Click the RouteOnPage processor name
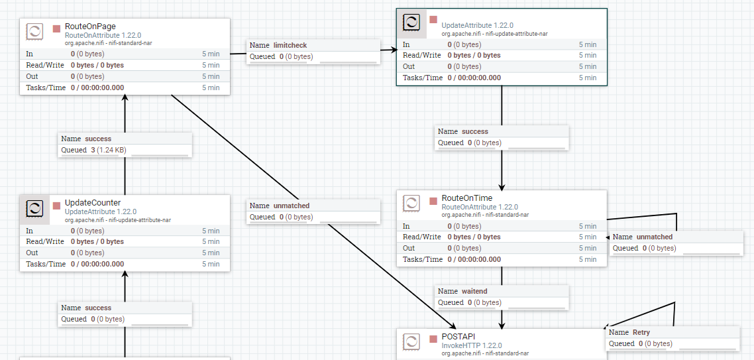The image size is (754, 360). (90, 27)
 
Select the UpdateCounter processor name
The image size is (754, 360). (93, 203)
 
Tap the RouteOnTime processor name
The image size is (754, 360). (467, 198)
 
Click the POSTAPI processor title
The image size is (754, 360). (458, 336)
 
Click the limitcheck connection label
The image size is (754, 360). (290, 45)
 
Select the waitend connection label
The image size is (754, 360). (476, 291)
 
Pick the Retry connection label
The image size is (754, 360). (641, 332)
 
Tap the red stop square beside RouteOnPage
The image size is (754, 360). (57, 29)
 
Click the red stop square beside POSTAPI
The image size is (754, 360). (434, 338)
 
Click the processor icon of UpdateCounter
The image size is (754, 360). (34, 209)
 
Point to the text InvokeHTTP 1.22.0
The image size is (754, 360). (471, 345)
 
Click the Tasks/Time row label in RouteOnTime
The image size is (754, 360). (422, 259)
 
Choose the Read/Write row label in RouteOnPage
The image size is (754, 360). (45, 65)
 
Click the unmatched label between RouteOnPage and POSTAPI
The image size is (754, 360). (291, 206)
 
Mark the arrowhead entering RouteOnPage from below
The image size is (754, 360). (125, 98)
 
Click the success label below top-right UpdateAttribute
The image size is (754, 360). (474, 131)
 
